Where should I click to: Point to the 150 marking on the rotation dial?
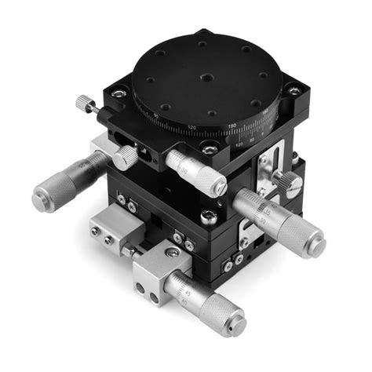coord(232,126)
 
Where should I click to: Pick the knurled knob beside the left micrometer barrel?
coord(125,157)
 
